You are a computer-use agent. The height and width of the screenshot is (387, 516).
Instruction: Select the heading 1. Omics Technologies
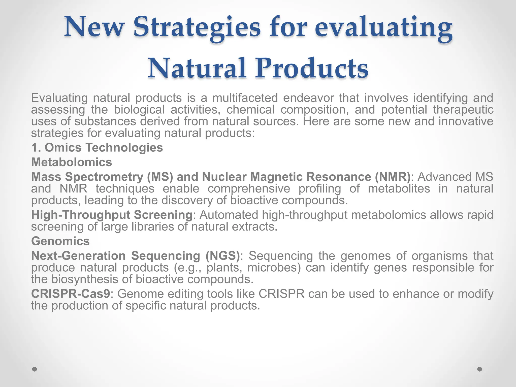(97, 147)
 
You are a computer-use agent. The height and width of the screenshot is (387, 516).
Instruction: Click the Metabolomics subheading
(72, 162)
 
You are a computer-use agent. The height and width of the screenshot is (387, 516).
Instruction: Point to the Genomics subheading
(60, 241)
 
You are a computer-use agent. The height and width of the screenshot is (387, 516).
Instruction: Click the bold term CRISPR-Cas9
(71, 294)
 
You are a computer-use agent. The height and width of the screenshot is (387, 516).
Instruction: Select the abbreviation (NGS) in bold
(222, 256)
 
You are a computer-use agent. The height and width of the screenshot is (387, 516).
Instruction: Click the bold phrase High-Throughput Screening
(112, 215)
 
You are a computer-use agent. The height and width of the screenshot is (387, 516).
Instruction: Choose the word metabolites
(399, 188)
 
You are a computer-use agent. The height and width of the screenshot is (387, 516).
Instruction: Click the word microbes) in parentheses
(274, 267)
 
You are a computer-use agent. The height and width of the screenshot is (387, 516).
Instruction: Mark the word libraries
(152, 227)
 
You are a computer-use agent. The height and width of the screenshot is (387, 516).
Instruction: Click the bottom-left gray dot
(35, 369)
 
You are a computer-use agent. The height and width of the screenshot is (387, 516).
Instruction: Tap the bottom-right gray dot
(480, 369)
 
